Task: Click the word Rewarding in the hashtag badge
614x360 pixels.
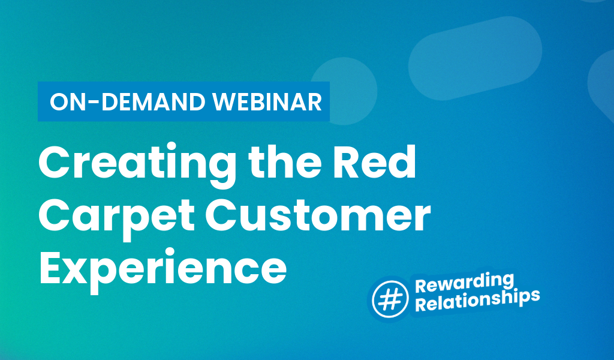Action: coord(465,281)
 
